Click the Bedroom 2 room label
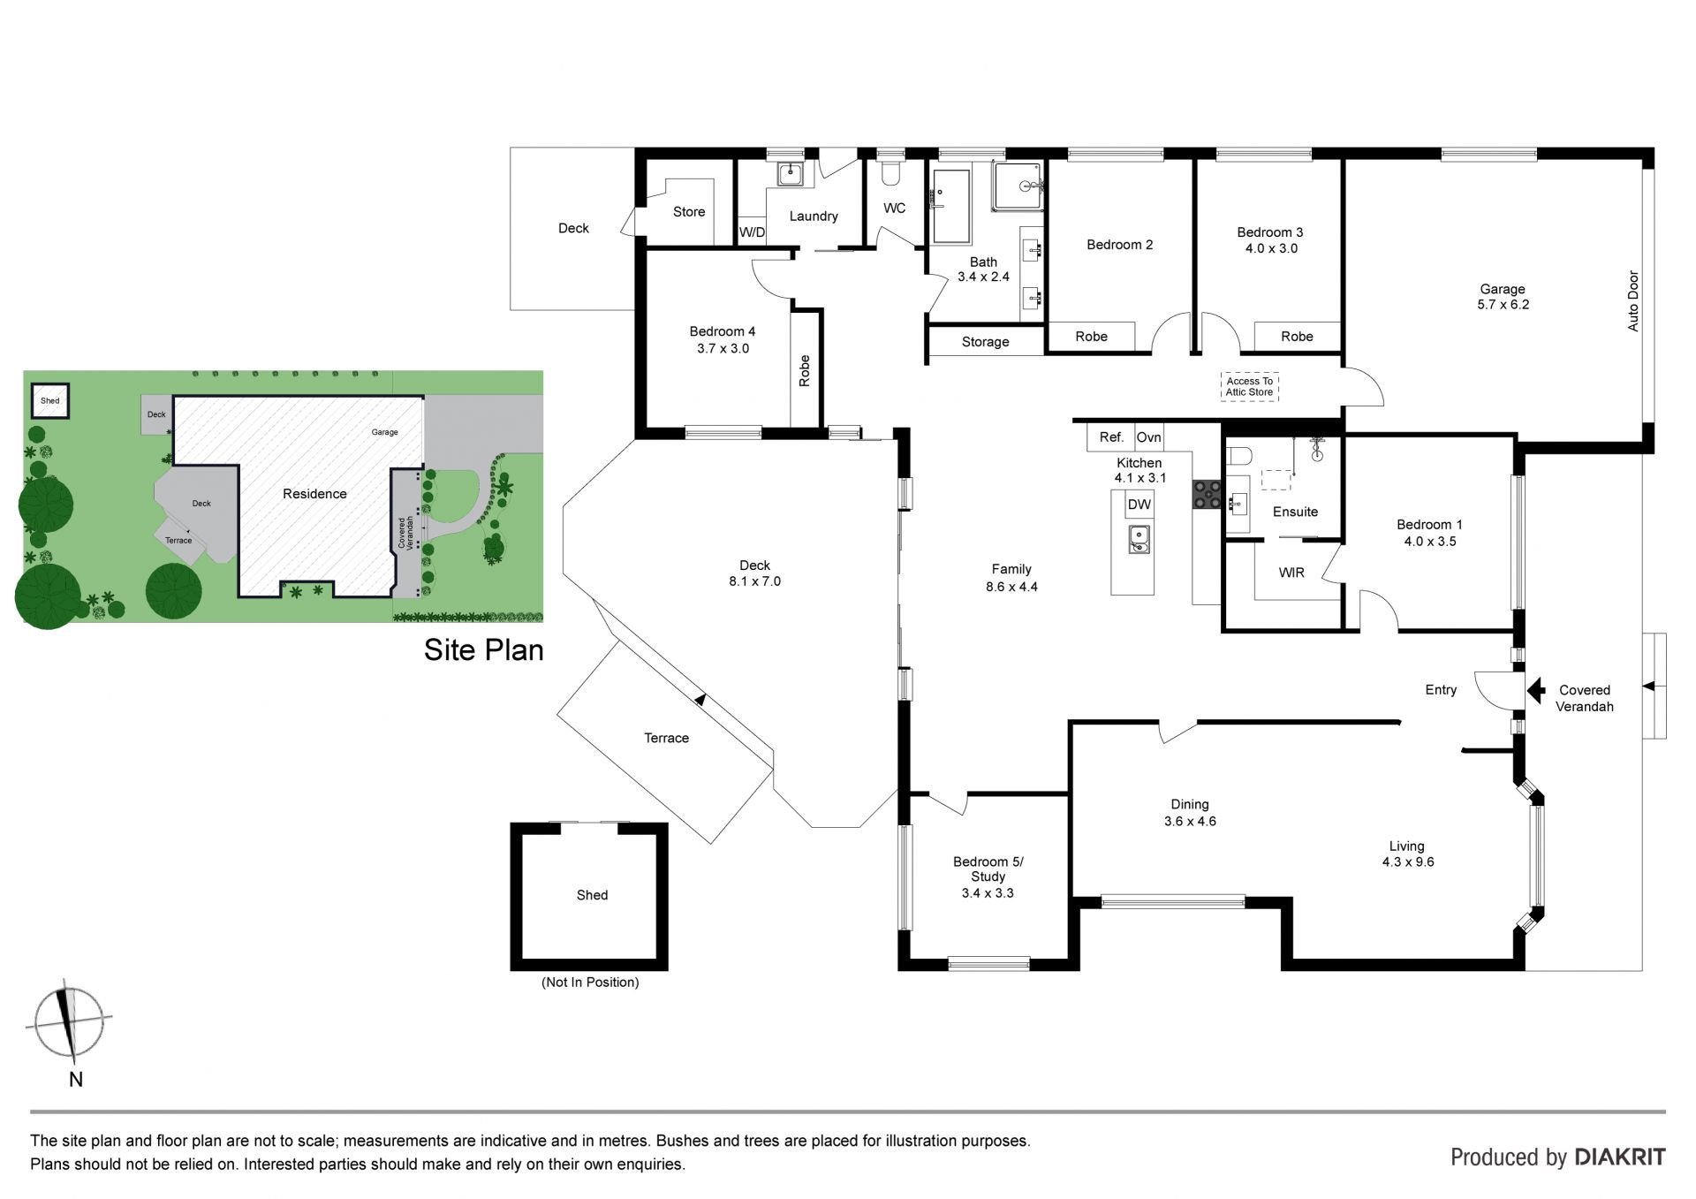point(1119,245)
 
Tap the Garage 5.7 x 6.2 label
point(1503,297)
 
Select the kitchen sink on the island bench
point(1139,539)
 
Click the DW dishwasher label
point(1139,505)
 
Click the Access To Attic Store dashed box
point(1250,387)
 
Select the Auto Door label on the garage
point(1633,301)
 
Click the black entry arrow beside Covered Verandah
point(1536,690)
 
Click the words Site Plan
point(483,650)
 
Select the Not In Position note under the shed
point(590,983)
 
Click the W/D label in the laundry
point(752,232)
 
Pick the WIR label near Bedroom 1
point(1291,573)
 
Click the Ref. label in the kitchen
point(1111,437)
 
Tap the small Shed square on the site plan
point(50,401)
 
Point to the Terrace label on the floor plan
point(666,738)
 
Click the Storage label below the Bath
point(985,342)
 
